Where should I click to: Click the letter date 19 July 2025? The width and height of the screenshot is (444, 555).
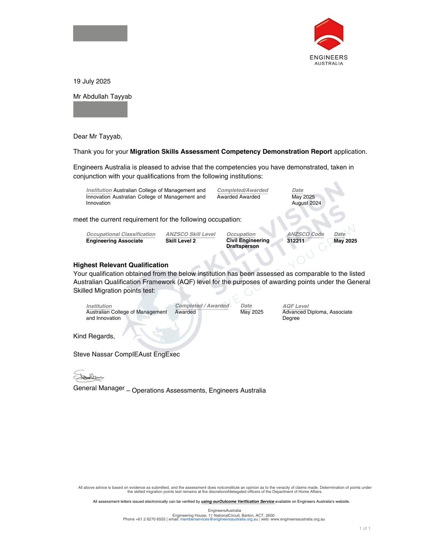click(92, 81)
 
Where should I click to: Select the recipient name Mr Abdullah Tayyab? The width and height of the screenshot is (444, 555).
click(102, 97)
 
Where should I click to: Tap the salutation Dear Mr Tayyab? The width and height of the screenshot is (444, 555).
click(97, 136)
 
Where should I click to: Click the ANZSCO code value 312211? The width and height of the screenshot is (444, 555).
click(296, 241)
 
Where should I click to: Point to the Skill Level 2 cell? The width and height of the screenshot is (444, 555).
click(180, 241)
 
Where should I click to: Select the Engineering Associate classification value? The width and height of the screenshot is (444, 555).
click(114, 241)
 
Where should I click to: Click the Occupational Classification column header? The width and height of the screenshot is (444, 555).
click(120, 234)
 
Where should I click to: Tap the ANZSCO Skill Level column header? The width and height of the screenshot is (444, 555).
click(190, 234)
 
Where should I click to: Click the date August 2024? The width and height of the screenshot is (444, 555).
click(306, 203)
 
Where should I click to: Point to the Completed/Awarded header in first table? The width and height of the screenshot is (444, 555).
click(243, 190)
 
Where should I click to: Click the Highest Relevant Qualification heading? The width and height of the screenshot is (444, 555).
click(120, 265)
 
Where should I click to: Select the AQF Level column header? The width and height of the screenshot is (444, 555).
click(295, 306)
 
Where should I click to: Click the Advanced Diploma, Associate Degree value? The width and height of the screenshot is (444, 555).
click(317, 315)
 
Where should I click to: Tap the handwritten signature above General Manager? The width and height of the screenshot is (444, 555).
click(88, 376)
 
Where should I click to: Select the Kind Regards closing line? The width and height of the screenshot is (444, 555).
click(94, 336)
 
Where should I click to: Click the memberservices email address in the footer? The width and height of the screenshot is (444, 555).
click(219, 519)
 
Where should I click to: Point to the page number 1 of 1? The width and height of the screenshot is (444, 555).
click(365, 529)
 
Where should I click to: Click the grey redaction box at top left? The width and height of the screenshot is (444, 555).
click(100, 33)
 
